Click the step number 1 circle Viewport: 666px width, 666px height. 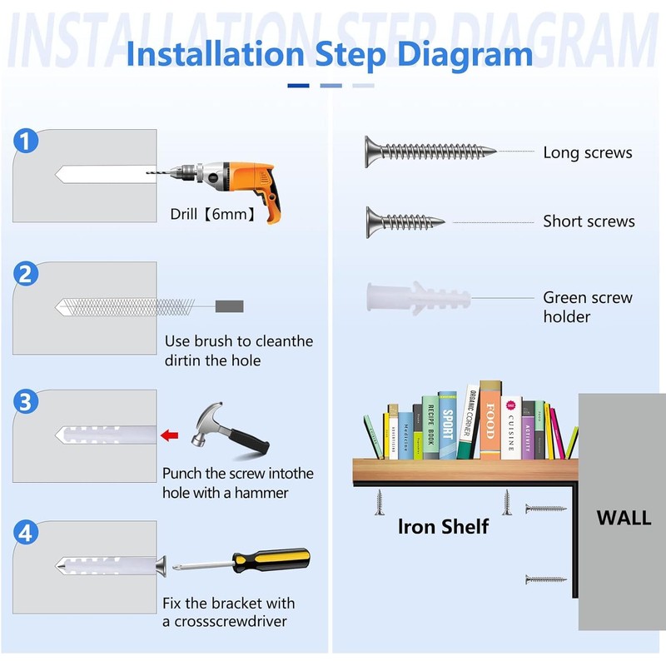pyautogui.click(x=26, y=141)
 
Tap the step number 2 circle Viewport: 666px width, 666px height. pyautogui.click(x=26, y=274)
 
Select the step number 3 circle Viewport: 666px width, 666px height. pyautogui.click(x=26, y=401)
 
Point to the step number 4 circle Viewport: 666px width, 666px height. pyautogui.click(x=26, y=533)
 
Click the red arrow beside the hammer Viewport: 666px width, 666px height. pyautogui.click(x=170, y=435)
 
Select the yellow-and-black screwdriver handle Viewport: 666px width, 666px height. pyautogui.click(x=271, y=559)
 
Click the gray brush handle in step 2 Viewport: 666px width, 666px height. pyautogui.click(x=230, y=306)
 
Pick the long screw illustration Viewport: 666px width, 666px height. pyautogui.click(x=430, y=152)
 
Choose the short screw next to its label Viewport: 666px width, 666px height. pyautogui.click(x=405, y=221)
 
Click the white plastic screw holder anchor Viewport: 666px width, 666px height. pyautogui.click(x=419, y=298)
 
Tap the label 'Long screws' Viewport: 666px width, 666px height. pyautogui.click(x=588, y=152)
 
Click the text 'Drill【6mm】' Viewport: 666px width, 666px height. pyautogui.click(x=214, y=214)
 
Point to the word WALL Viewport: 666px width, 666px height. pyautogui.click(x=624, y=518)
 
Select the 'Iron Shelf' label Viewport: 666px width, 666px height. pyautogui.click(x=443, y=527)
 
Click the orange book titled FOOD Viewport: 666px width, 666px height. pyautogui.click(x=490, y=420)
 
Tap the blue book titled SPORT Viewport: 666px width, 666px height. pyautogui.click(x=448, y=425)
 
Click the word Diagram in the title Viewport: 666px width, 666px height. pyautogui.click(x=465, y=55)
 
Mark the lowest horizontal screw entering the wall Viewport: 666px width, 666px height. pyautogui.click(x=546, y=579)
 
